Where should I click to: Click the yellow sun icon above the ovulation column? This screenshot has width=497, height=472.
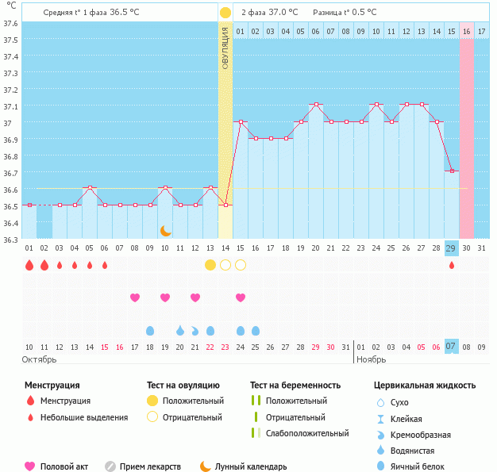[x=225, y=13]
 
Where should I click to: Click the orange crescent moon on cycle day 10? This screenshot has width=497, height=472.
[x=165, y=230]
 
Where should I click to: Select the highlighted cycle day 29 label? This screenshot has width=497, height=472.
[x=451, y=248]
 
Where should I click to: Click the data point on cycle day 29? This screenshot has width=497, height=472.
[x=452, y=171]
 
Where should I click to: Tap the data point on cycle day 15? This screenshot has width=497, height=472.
[x=241, y=121]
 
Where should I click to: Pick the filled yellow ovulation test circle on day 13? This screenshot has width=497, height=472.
[x=210, y=265]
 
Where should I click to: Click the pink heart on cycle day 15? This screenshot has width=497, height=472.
[x=241, y=297]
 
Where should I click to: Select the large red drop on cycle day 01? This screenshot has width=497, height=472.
[x=29, y=265]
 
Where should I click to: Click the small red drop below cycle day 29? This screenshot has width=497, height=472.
[x=452, y=265]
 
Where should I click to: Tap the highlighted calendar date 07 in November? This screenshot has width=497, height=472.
[x=451, y=347]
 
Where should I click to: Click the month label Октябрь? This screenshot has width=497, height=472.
[x=40, y=359]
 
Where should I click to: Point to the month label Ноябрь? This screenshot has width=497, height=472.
[x=371, y=359]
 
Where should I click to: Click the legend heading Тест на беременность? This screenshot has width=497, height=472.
[x=295, y=385]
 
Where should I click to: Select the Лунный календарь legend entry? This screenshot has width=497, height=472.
[x=250, y=466]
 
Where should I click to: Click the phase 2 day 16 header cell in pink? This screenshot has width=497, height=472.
[x=467, y=31]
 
